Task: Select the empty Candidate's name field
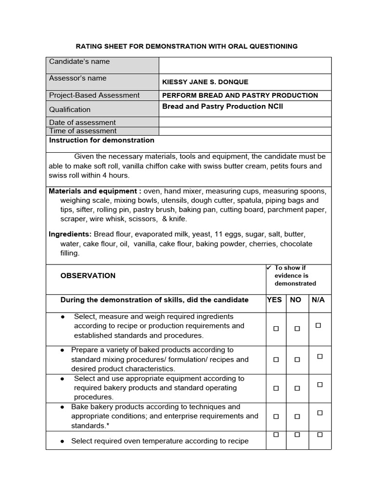click(x=245, y=65)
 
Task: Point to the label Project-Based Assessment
click(x=94, y=95)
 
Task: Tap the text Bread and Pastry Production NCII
click(x=222, y=107)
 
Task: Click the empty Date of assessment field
click(x=245, y=123)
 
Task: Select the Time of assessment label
click(x=83, y=131)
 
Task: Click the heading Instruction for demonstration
click(x=102, y=141)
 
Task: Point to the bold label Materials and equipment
click(x=95, y=191)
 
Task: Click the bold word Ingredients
click(x=70, y=234)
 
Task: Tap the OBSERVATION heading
click(x=88, y=276)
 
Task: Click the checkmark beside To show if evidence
click(x=268, y=267)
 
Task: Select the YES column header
click(x=274, y=300)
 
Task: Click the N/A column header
click(x=318, y=300)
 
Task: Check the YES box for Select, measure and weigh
click(x=276, y=329)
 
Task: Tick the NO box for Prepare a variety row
click(x=297, y=360)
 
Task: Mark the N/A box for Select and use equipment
click(x=320, y=385)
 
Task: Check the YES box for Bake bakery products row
click(x=276, y=417)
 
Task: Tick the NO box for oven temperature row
click(x=297, y=434)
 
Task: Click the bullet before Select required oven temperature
click(x=63, y=442)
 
